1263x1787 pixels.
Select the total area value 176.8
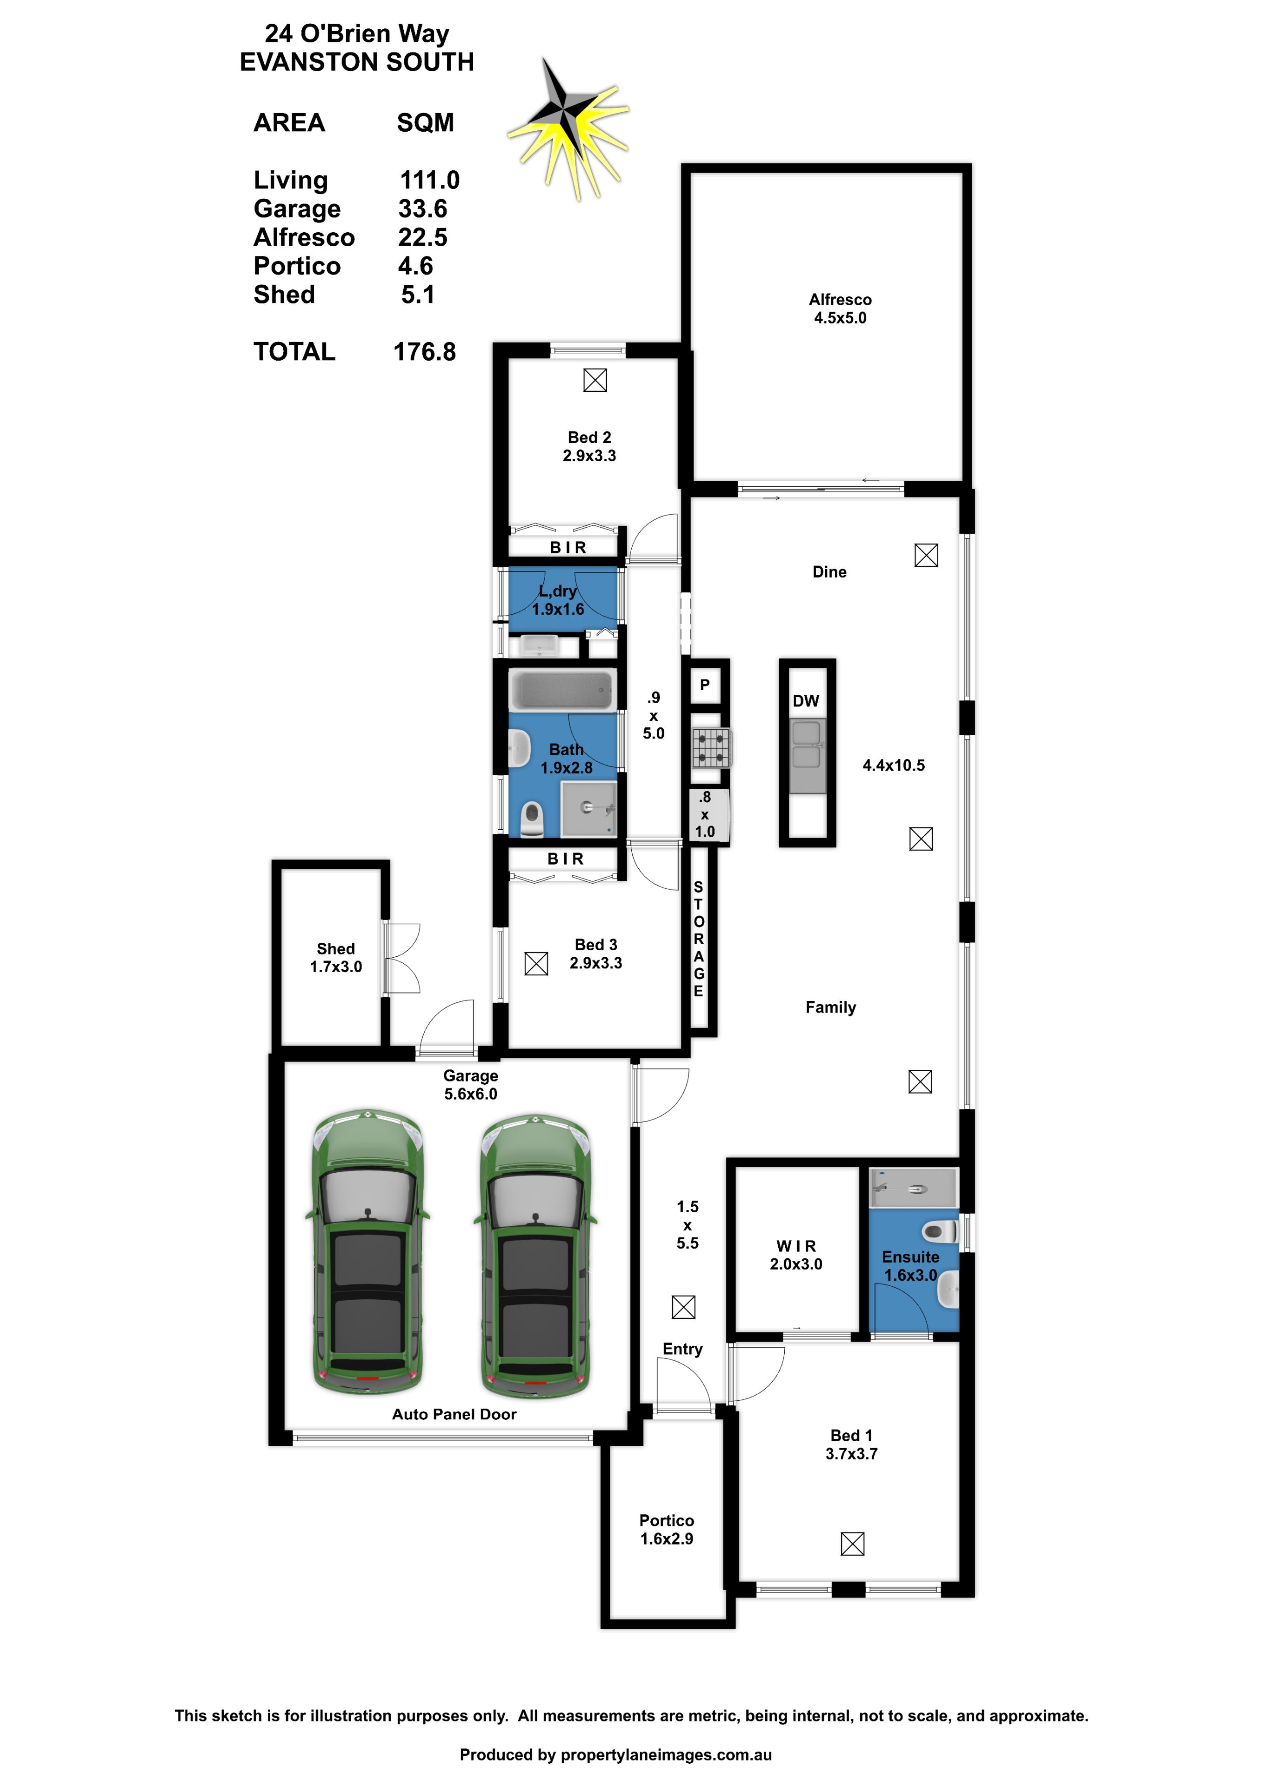pos(424,352)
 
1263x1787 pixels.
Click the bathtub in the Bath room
pos(562,690)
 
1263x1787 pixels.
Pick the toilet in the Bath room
pos(532,818)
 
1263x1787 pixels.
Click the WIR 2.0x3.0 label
pos(795,1255)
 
